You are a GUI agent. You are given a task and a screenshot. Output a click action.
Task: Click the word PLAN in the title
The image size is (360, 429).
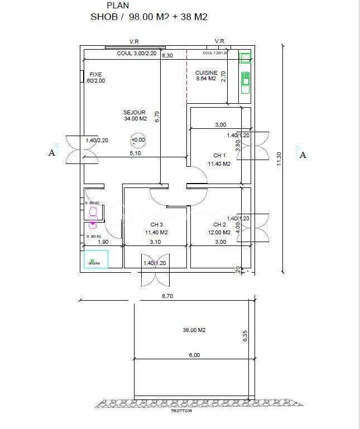tap(117, 6)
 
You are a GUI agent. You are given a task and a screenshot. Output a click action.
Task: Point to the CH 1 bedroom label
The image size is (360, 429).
tap(219, 156)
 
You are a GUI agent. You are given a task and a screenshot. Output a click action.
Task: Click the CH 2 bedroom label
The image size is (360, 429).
tap(219, 225)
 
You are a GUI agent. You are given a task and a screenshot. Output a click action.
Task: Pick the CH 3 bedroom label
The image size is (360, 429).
tap(157, 225)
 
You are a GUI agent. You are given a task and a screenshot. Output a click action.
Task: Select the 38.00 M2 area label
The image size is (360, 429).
tap(194, 330)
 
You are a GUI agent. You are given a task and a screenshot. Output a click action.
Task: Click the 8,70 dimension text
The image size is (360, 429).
tap(167, 296)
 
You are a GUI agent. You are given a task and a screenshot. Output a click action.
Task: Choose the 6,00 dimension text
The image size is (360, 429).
tap(194, 355)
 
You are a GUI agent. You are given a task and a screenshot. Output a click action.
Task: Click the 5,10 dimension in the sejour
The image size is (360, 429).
tap(136, 153)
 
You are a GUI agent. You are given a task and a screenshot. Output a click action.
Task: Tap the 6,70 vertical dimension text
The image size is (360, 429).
tap(157, 117)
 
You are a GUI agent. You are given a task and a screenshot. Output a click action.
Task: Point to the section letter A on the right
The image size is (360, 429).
tap(303, 155)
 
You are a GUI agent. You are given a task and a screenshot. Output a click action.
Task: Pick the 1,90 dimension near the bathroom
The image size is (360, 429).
tap(103, 242)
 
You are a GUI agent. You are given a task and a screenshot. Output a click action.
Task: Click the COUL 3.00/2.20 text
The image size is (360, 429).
tap(138, 54)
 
